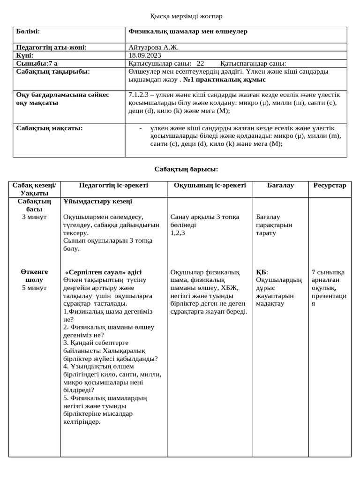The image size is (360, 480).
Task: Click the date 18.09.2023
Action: point(144,55)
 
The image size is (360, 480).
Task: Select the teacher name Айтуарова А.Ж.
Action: point(153,47)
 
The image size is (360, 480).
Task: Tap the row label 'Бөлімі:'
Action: point(28,31)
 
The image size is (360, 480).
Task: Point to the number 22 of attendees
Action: point(200,63)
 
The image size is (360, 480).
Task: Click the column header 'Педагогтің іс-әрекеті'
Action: point(113,186)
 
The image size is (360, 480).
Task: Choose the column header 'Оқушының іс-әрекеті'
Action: point(210,186)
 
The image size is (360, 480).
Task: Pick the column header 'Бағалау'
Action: point(280,186)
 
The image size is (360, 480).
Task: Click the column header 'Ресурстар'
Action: point(330,186)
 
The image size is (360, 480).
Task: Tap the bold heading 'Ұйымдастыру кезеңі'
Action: point(97,202)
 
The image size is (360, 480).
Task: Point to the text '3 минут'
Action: point(34,217)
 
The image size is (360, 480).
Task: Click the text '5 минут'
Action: point(34,288)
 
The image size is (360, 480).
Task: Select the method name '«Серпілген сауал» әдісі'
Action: point(103,272)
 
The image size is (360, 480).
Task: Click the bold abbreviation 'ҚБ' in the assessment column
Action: point(261,272)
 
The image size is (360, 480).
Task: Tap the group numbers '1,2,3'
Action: point(178,233)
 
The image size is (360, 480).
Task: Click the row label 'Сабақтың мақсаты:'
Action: point(49,128)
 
